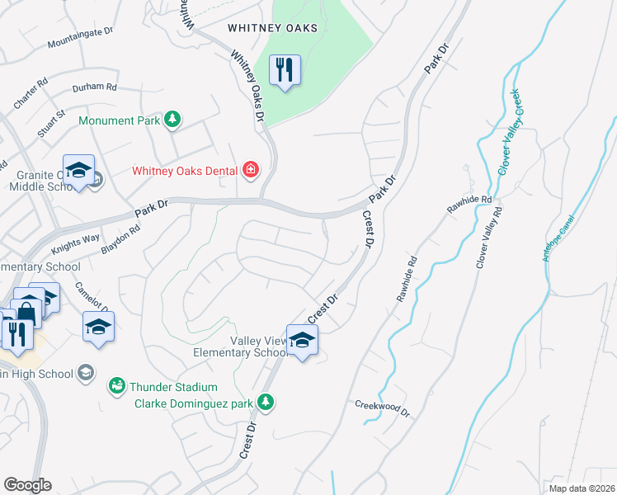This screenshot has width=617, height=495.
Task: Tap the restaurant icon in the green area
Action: click(285, 69)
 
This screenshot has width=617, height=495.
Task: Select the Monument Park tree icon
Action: click(172, 120)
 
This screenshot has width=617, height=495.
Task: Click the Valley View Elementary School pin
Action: click(302, 341)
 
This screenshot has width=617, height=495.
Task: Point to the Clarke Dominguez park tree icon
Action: click(265, 403)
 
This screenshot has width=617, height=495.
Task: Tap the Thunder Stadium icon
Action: click(118, 386)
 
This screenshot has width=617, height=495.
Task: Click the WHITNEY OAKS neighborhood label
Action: click(272, 27)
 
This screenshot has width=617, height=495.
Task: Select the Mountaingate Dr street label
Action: click(80, 37)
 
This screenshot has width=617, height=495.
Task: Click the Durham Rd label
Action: click(94, 87)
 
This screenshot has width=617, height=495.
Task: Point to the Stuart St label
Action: click(49, 120)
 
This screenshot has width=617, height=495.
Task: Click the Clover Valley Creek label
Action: click(508, 132)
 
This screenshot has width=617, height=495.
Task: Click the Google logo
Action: click(27, 485)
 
